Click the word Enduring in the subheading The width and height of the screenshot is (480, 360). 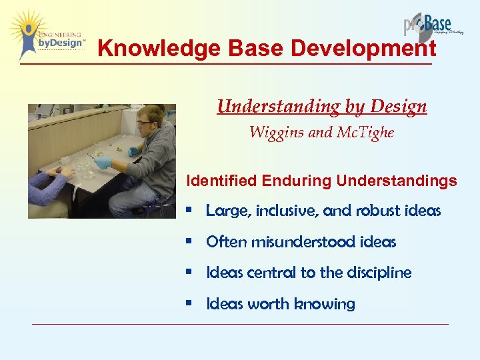[x=297, y=181]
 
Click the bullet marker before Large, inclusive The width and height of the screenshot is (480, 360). [x=191, y=211]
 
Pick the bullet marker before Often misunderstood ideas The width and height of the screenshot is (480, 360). [x=191, y=242]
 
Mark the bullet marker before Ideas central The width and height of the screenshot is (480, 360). [x=191, y=273]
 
